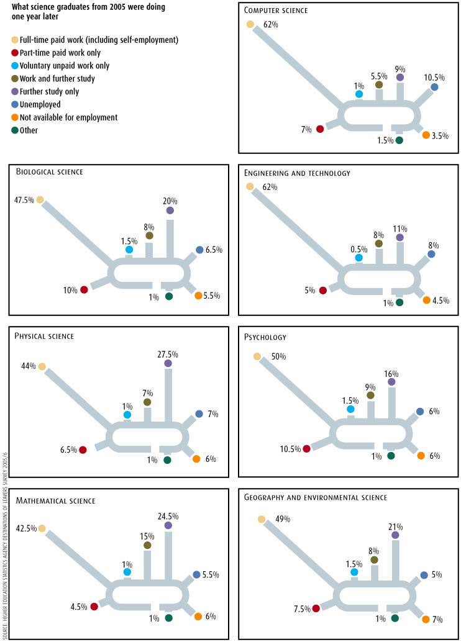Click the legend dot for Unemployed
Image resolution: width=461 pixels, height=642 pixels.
[16, 104]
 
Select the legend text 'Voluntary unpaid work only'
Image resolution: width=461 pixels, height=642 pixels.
[65, 66]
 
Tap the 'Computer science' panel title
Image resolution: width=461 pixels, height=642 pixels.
[275, 11]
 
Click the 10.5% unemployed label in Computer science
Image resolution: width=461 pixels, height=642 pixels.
[434, 78]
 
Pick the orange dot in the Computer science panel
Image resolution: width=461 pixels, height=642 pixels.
[426, 135]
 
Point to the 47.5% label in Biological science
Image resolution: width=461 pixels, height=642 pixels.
[24, 200]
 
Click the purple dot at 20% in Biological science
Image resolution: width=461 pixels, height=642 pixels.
[170, 210]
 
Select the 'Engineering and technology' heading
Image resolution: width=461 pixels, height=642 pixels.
[297, 173]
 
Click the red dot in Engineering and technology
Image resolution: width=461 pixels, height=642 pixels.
[322, 290]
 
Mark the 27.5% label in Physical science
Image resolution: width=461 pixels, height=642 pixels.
[168, 354]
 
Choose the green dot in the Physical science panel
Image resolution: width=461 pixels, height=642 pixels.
[167, 460]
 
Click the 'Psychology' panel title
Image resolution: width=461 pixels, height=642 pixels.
[265, 338]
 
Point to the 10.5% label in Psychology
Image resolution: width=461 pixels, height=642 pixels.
[290, 449]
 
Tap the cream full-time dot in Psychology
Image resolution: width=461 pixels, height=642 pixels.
[257, 356]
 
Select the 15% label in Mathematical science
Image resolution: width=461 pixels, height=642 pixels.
[147, 536]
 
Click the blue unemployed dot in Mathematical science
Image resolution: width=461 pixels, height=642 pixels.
[196, 575]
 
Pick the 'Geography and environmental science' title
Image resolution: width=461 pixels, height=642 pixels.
[316, 497]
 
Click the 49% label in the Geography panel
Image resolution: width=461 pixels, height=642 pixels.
[283, 519]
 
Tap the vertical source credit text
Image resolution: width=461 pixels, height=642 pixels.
[5, 546]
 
